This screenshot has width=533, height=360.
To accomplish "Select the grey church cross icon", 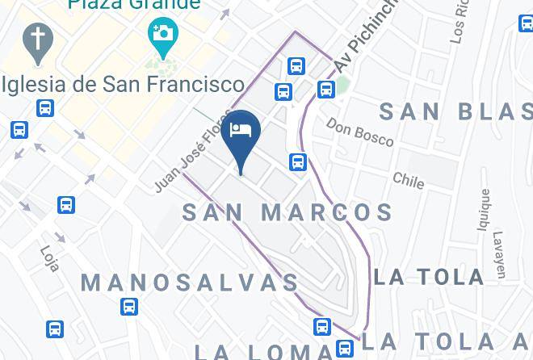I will click(36, 42).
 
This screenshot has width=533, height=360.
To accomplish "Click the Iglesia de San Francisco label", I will click(123, 84).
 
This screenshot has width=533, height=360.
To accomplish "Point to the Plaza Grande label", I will click(134, 5).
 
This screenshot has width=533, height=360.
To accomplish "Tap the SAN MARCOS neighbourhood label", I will click(287, 213).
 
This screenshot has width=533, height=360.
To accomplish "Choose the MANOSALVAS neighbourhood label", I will click(190, 283).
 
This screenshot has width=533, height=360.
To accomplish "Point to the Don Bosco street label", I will click(359, 132).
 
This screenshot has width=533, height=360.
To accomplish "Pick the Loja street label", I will click(49, 258).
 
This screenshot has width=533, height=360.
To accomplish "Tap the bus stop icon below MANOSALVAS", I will click(128, 307).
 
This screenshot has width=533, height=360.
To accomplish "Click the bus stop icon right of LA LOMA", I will click(345, 349).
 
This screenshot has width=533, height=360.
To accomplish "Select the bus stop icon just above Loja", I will click(67, 205).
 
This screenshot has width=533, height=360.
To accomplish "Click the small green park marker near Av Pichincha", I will click(342, 83).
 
